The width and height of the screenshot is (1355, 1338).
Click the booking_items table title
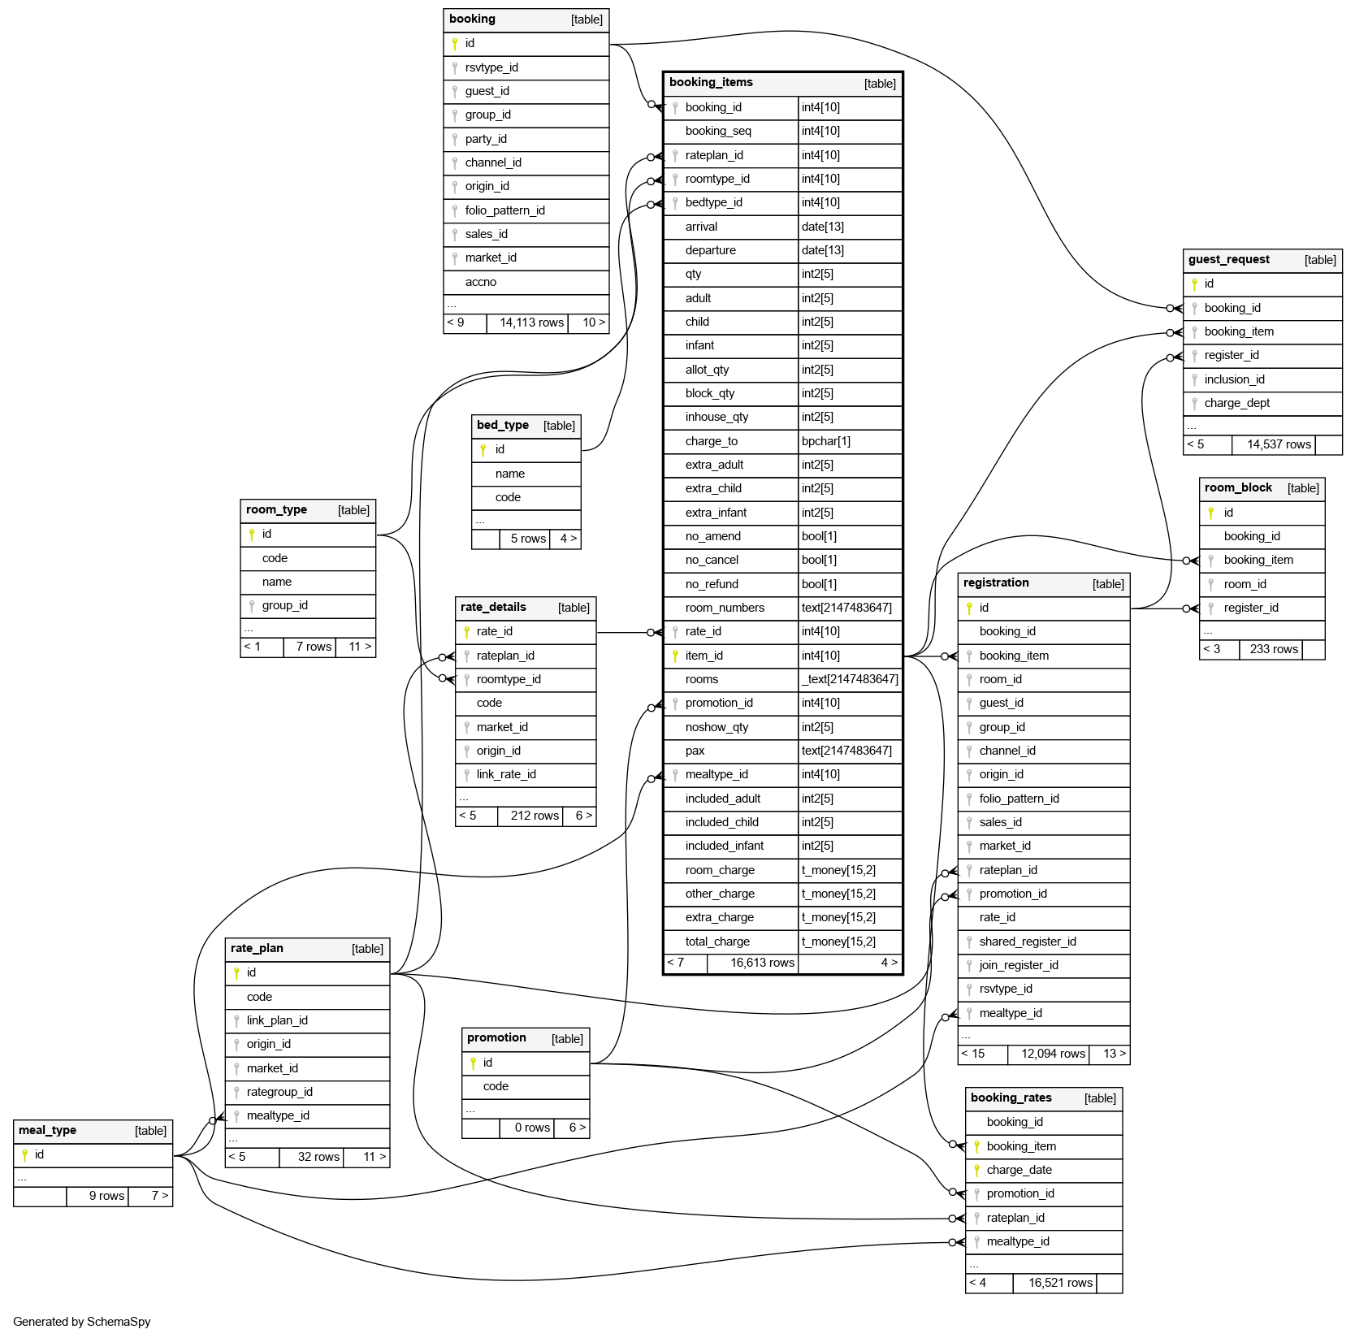[x=711, y=82]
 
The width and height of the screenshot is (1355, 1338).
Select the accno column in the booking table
[x=480, y=282]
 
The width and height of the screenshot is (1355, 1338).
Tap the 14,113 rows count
[x=531, y=323]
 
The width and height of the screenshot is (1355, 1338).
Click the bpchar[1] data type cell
[x=825, y=441]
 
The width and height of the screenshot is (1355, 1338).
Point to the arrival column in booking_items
[x=701, y=227]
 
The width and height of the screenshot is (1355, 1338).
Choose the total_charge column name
[x=717, y=942]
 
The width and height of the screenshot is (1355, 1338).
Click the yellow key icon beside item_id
[x=675, y=656]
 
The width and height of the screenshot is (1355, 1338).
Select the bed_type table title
[x=502, y=425]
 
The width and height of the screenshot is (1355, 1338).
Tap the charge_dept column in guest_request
[x=1236, y=403]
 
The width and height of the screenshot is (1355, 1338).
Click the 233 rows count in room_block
[x=1274, y=649]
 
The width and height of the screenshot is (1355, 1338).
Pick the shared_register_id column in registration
[x=1027, y=942]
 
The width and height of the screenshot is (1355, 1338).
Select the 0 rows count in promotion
[x=532, y=1128]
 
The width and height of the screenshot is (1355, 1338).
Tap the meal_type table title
[x=47, y=1130]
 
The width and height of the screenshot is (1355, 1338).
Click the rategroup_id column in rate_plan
[x=279, y=1092]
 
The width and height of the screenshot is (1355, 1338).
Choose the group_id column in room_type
[x=284, y=605]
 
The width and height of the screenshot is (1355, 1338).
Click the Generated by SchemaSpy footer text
[x=81, y=1322]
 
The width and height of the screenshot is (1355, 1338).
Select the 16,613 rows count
[x=762, y=963]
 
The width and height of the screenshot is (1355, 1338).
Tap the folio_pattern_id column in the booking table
[x=504, y=210]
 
